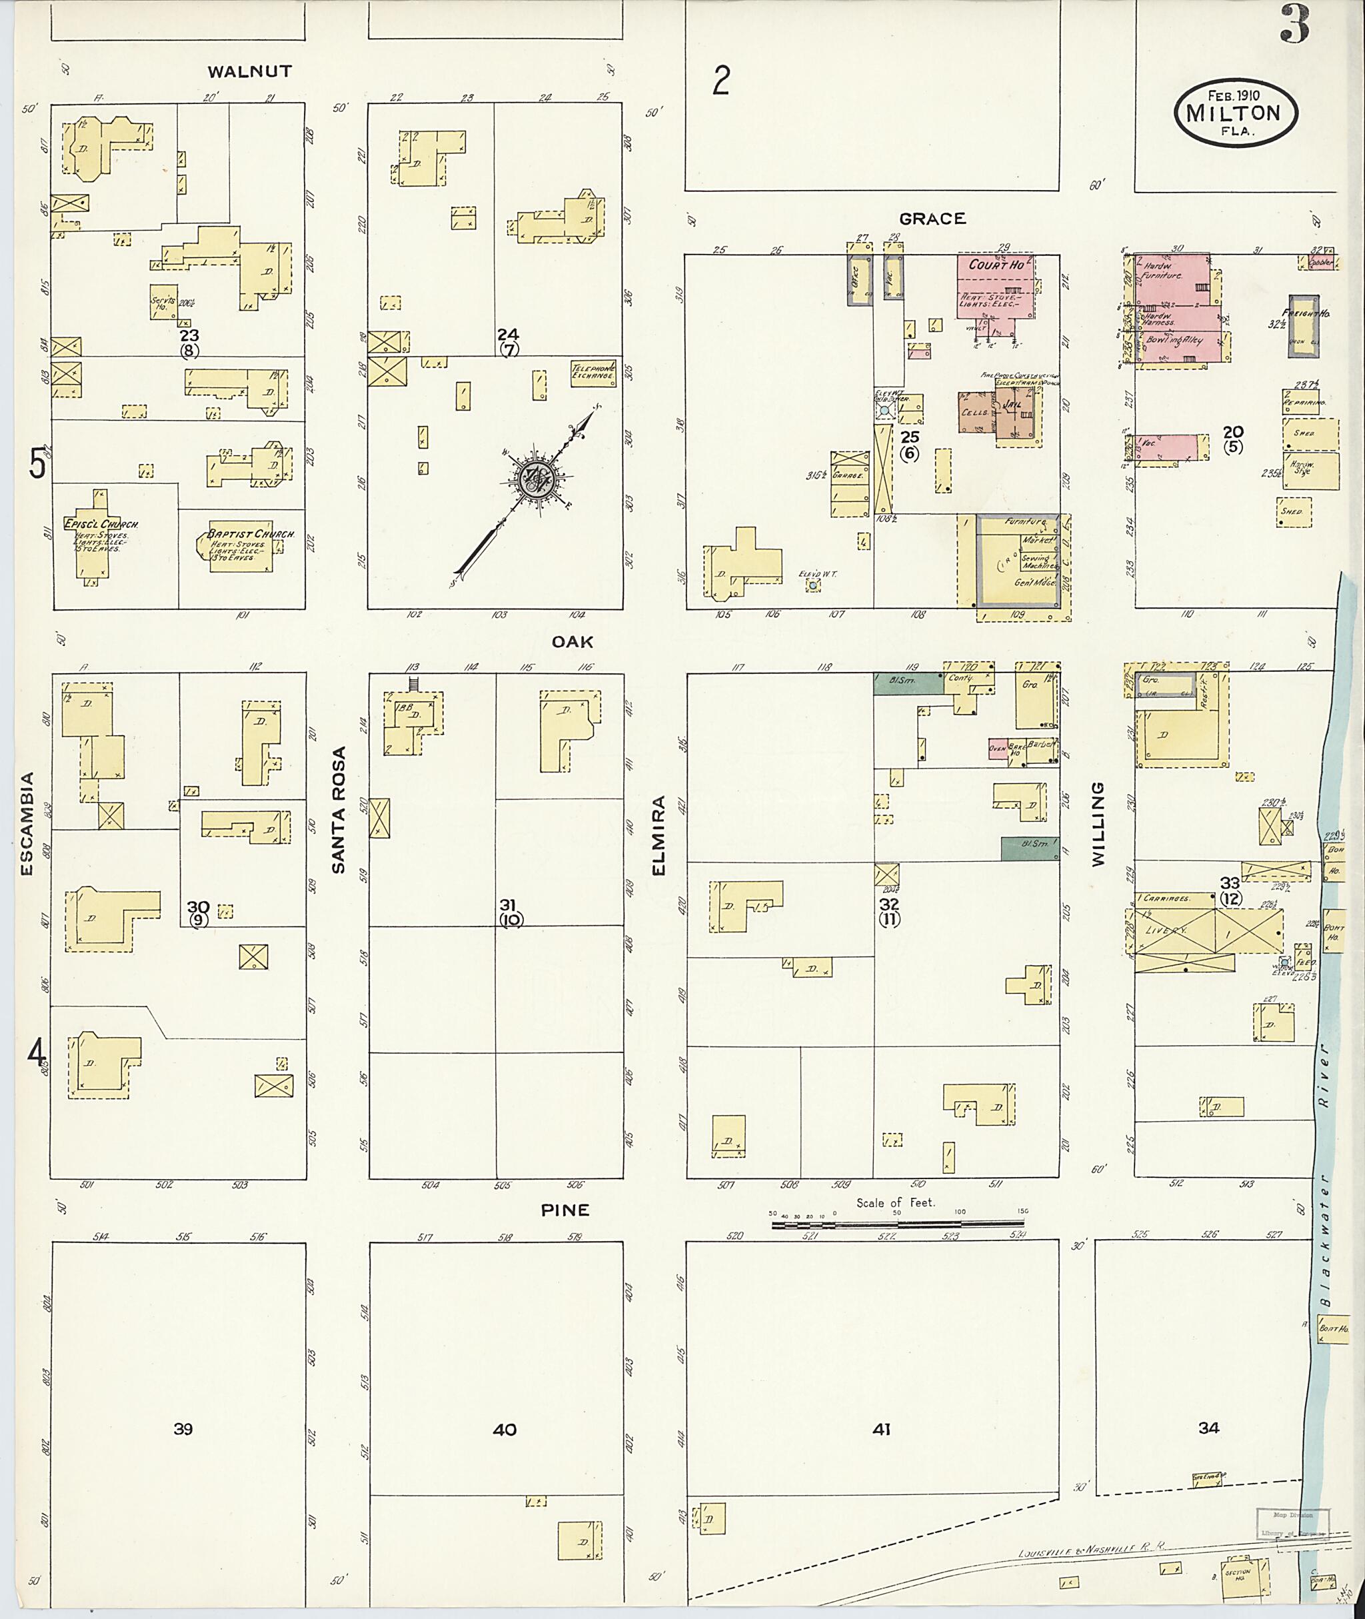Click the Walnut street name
tap(249, 72)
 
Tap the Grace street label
tap(932, 219)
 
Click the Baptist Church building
tap(241, 547)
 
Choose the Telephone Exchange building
tap(593, 372)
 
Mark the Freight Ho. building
tap(1303, 325)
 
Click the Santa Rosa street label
tap(338, 810)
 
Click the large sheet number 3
tap(1294, 25)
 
